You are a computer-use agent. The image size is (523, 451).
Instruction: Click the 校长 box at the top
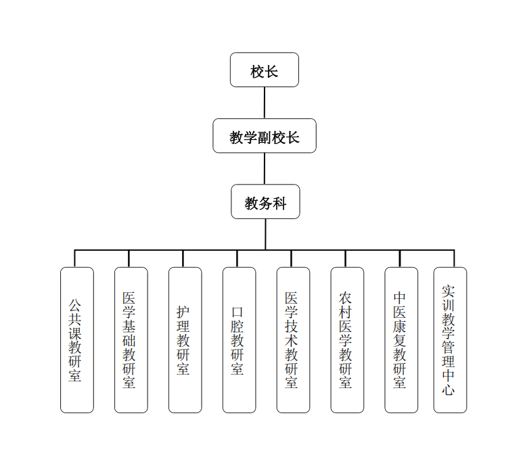pos(264,70)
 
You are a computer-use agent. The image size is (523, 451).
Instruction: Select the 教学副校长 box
pos(264,136)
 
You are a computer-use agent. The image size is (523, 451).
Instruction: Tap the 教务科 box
pos(265,202)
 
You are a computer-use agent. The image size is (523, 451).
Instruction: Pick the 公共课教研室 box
pos(76,339)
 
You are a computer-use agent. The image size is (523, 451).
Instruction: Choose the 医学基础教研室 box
pos(131,339)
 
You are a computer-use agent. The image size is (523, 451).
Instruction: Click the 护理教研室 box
pos(185,339)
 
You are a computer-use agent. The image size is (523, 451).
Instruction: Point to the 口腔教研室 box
pos(239,339)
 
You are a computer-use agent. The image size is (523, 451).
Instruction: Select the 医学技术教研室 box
pos(293,339)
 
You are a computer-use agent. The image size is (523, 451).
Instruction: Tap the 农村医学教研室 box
pos(347,339)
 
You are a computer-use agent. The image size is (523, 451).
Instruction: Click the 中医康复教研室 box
pos(401,339)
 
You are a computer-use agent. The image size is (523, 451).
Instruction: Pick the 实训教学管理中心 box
pos(450,339)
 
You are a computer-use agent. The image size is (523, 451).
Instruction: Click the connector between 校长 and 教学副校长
pos(264,103)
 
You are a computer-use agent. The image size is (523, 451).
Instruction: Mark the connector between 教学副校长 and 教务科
pos(265,169)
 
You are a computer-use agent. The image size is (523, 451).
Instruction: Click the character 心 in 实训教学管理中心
pos(448,389)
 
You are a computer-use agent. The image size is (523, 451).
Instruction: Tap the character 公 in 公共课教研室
pos(75,305)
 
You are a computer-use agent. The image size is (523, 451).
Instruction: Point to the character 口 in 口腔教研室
pos(237,312)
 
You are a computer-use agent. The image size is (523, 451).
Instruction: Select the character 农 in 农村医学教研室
pos(346,298)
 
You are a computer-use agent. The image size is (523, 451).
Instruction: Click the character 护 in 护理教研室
pos(183,312)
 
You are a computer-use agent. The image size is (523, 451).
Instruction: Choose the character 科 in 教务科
pos(279,203)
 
